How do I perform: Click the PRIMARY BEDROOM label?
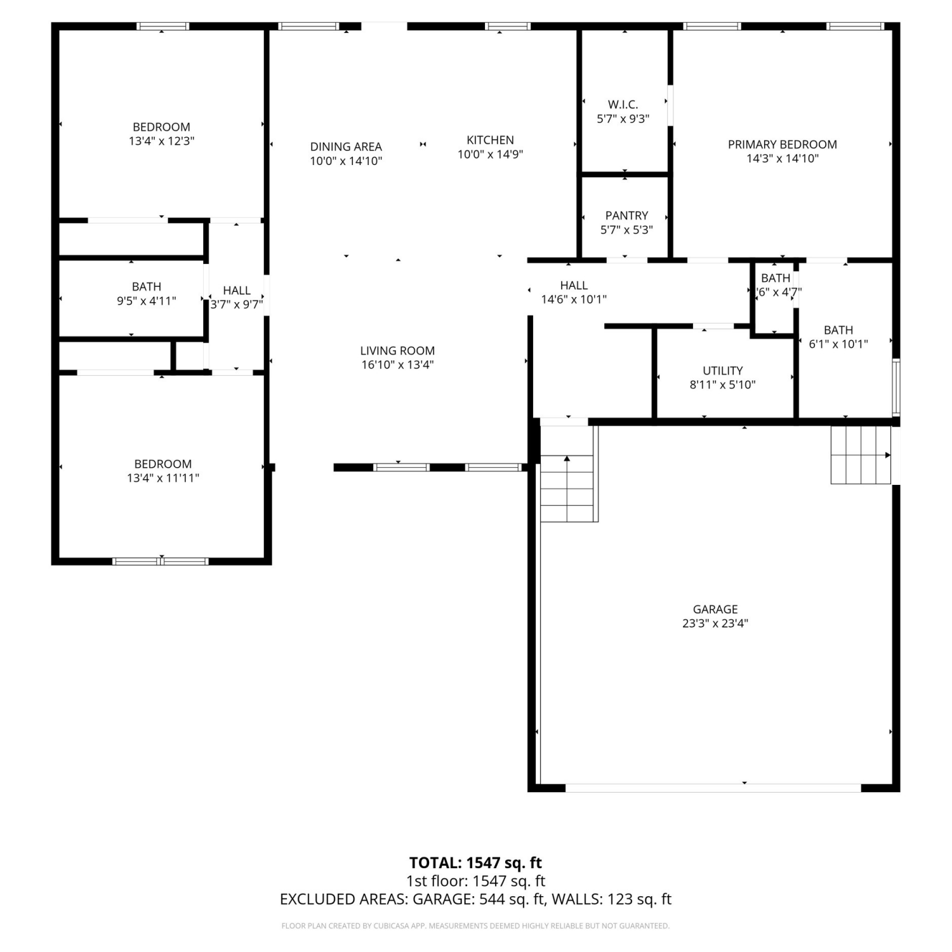tap(782, 145)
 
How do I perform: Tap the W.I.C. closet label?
tap(623, 105)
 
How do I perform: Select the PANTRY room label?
tap(626, 216)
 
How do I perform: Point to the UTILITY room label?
tap(722, 371)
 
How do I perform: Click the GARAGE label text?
tap(715, 609)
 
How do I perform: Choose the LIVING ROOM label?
tap(397, 350)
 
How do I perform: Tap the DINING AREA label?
tap(346, 147)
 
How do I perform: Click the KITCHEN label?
tap(490, 140)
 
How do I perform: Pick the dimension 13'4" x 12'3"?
tap(161, 141)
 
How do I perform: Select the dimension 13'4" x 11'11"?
tap(163, 478)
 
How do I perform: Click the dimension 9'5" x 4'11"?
tap(146, 301)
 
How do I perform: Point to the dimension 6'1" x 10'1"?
tap(838, 344)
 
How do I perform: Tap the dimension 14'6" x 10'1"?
tap(574, 299)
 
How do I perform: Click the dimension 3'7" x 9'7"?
tap(237, 304)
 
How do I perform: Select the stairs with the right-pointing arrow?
tap(861, 455)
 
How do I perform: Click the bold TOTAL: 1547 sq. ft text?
tap(475, 863)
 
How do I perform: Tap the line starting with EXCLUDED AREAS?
tap(475, 899)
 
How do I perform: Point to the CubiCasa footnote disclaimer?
tap(475, 926)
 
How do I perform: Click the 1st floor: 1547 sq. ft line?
tap(475, 881)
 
